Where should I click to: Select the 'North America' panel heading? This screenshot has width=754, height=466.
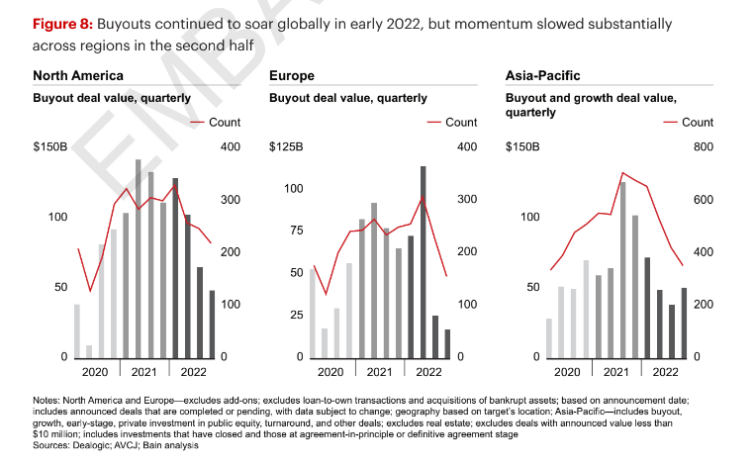click(78, 75)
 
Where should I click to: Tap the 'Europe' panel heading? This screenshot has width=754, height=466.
click(293, 75)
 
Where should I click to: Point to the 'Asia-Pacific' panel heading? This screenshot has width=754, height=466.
click(543, 75)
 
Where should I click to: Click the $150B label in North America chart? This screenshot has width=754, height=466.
click(50, 147)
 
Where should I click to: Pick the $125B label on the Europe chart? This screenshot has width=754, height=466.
click(287, 147)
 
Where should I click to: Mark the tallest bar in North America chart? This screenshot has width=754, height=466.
click(139, 257)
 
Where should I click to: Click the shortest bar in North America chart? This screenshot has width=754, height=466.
click(89, 351)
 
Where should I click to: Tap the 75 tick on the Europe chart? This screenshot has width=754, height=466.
click(295, 231)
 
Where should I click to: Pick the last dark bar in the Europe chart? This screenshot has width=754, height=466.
click(447, 343)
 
